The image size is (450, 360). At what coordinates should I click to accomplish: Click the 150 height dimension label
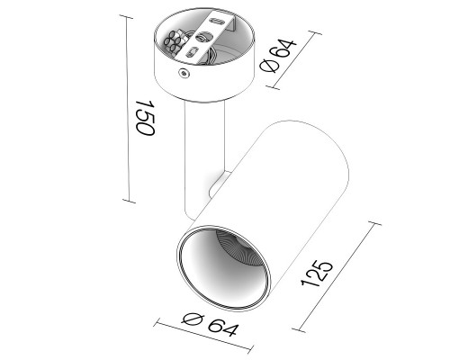point(145,118)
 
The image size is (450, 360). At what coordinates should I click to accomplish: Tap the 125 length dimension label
point(317,274)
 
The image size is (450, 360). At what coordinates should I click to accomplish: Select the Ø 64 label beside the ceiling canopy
point(278,56)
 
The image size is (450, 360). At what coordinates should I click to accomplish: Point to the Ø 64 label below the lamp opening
point(210,324)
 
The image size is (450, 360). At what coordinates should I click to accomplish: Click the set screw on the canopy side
point(184,73)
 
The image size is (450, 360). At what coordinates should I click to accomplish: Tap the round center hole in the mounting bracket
point(204,37)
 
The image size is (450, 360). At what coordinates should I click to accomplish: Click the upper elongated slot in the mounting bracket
point(217,22)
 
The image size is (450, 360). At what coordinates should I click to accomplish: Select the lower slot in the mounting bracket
point(191,52)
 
